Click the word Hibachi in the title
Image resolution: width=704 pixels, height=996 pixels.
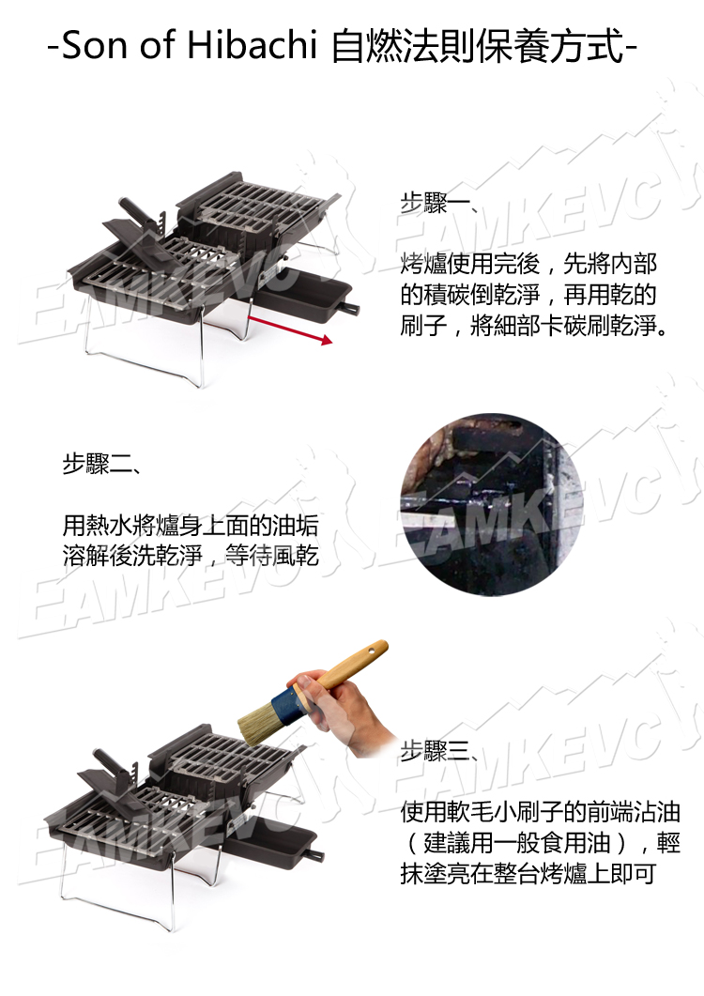tap(252, 45)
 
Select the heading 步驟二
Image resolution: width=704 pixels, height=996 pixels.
tap(100, 464)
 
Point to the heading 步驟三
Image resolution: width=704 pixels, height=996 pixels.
tap(437, 751)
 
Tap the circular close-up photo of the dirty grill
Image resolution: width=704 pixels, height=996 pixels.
tap(493, 505)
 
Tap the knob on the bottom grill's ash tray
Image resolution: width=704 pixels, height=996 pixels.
tap(316, 857)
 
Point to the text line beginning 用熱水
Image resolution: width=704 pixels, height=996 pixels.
tap(191, 526)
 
